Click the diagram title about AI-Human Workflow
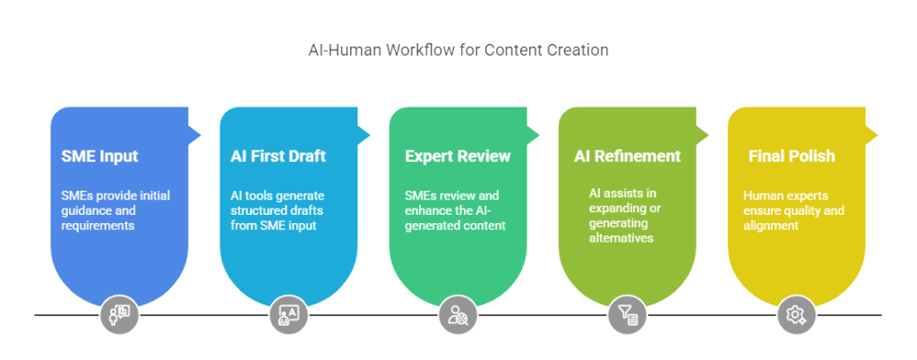[x=458, y=50]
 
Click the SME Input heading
[x=99, y=157]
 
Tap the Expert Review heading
[x=458, y=157]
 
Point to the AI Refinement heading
[x=627, y=157]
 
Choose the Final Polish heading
[x=792, y=157]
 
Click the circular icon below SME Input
[x=119, y=314]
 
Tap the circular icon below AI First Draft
[x=288, y=314]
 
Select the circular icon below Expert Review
[x=458, y=314]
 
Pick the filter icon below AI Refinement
[x=627, y=314]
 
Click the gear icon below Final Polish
[x=795, y=314]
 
